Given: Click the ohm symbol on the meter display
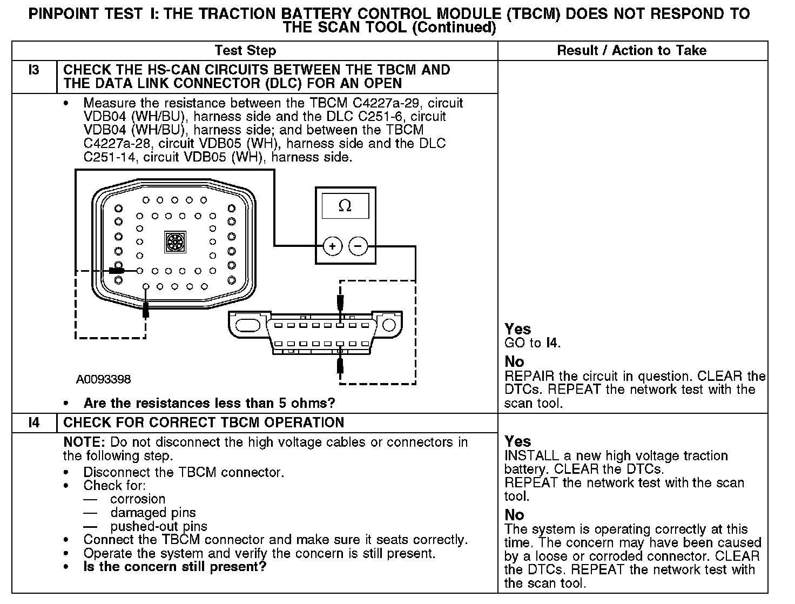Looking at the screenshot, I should [345, 206].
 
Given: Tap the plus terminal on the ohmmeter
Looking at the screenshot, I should [333, 246].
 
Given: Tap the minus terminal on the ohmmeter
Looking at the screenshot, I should [358, 246].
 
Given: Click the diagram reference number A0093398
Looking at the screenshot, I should [103, 379].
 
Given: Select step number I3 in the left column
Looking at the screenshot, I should [34, 70].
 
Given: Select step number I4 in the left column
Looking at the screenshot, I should [34, 422].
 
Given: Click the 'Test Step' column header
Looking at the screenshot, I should [245, 51].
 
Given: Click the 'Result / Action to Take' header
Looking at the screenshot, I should [631, 51].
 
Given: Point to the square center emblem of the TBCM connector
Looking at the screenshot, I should [175, 241].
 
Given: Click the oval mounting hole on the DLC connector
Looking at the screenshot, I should [247, 325].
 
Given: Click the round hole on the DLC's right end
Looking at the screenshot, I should [388, 325].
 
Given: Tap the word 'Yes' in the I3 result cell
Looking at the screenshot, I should [517, 329].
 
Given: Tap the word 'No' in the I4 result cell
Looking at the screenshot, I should [514, 515].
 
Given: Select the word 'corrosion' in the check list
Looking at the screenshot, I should [138, 499].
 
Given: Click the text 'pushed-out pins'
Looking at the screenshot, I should [159, 526].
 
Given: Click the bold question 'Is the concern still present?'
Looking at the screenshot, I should [175, 567].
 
